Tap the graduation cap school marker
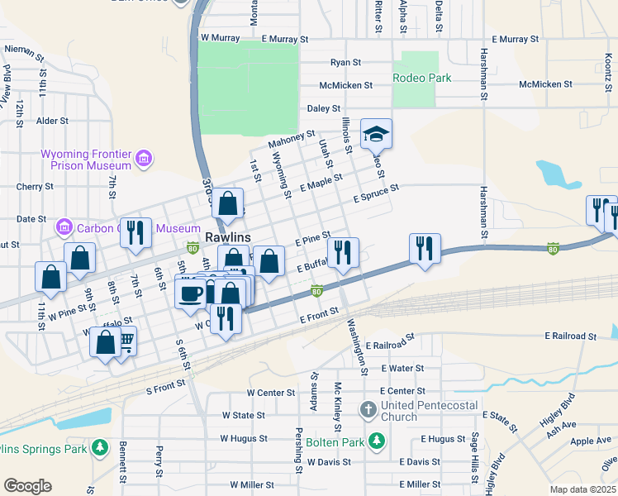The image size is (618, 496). pyautogui.click(x=376, y=134)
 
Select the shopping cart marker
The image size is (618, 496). pyautogui.click(x=125, y=340)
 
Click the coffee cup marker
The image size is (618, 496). pyautogui.click(x=190, y=293)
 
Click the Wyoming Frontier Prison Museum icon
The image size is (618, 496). pyautogui.click(x=144, y=158)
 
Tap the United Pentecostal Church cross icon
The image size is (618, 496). pyautogui.click(x=368, y=409)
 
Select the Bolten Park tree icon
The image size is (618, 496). pyautogui.click(x=377, y=441)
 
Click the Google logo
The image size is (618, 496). pyautogui.click(x=27, y=485)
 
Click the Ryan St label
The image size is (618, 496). pyautogui.click(x=345, y=62)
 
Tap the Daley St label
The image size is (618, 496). pyautogui.click(x=324, y=108)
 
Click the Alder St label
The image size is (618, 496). pyautogui.click(x=52, y=121)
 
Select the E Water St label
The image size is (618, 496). pyautogui.click(x=402, y=368)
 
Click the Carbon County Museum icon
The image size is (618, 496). pyautogui.click(x=64, y=227)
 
